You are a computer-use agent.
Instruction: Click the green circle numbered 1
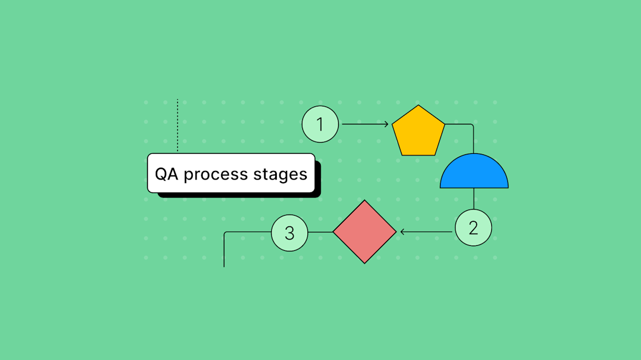click(320, 124)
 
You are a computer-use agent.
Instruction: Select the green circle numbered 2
click(473, 228)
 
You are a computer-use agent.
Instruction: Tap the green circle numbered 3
click(290, 232)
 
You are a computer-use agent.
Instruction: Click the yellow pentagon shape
click(418, 132)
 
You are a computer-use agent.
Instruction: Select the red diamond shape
click(365, 232)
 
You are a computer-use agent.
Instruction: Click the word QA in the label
click(167, 174)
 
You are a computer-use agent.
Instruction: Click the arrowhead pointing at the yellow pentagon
click(386, 124)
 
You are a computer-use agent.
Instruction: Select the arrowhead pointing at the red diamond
click(403, 232)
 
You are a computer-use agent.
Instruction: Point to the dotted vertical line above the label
click(178, 125)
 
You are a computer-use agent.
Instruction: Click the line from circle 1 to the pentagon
click(362, 124)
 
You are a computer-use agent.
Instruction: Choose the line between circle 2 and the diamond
click(429, 232)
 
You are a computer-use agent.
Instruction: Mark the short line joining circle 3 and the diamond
click(320, 232)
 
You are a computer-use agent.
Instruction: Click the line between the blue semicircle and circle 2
click(473, 198)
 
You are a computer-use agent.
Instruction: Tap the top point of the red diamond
click(365, 201)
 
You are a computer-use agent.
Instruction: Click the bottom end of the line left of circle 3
click(224, 266)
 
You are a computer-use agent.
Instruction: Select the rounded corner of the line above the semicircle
click(472, 126)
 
